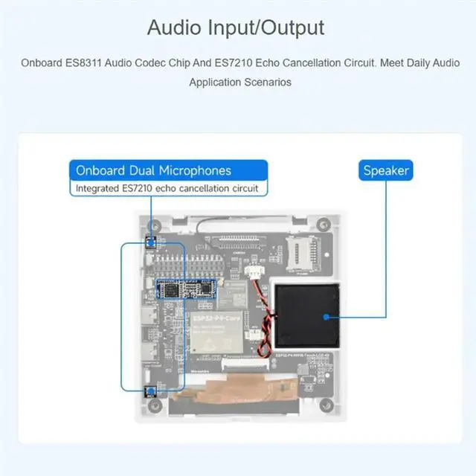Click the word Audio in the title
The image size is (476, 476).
pyautogui.click(x=173, y=28)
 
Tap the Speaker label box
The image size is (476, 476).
pyautogui.click(x=386, y=170)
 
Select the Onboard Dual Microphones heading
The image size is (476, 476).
pyautogui.click(x=153, y=170)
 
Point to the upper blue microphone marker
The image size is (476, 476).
pyautogui.click(x=149, y=242)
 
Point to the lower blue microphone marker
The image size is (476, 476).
pyautogui.click(x=149, y=391)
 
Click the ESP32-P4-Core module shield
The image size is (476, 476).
pyautogui.click(x=218, y=332)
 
